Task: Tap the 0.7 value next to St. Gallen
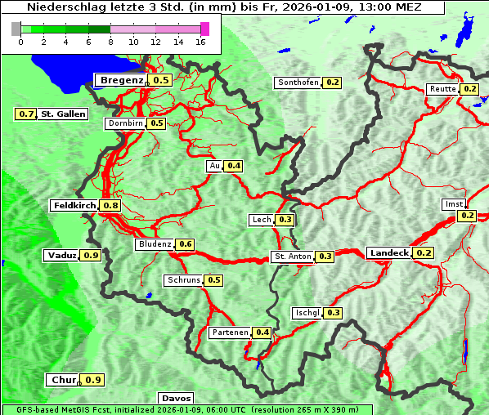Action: pos(26,114)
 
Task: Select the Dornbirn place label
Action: pos(125,123)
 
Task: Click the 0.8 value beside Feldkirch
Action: pos(110,206)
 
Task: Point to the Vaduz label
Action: pos(62,256)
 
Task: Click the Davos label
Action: pos(175,398)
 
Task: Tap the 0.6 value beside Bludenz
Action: pos(186,244)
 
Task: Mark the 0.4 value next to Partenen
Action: pos(262,332)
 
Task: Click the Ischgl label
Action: pos(306,313)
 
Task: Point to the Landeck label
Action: pos(388,253)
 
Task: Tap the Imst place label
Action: pos(452,204)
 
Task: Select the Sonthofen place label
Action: pos(298,83)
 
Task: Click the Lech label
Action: pos(261,220)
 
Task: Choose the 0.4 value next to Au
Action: pos(235,166)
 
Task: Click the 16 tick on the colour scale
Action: pos(200,42)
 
